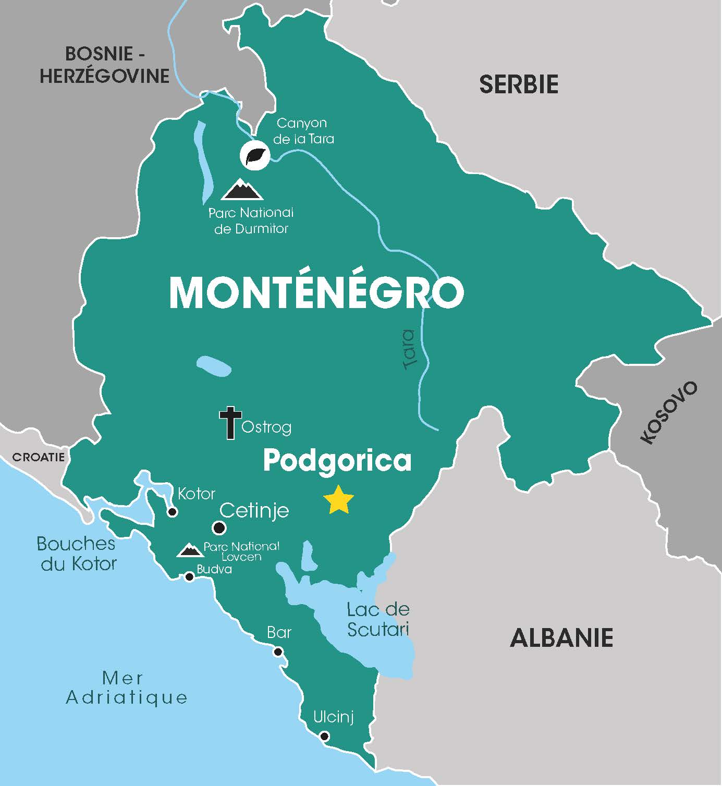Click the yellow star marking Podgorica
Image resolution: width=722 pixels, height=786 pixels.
point(338,500)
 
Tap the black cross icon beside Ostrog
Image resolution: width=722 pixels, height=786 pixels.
point(230,423)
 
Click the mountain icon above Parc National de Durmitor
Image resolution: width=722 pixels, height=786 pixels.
point(242,190)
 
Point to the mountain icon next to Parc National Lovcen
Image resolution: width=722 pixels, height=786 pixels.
point(190,550)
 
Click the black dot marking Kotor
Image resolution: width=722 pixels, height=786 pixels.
point(172,512)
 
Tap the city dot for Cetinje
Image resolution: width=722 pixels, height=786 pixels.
point(219,528)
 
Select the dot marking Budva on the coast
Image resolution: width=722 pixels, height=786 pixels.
point(190,576)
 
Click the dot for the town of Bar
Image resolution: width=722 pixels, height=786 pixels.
point(278,652)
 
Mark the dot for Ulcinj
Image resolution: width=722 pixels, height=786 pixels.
point(324,736)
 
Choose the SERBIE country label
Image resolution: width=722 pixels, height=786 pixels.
point(518,84)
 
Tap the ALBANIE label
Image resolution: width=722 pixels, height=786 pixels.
point(561,637)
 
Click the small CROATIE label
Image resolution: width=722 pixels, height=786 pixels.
point(39,457)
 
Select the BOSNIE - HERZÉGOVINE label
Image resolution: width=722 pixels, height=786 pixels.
point(105,65)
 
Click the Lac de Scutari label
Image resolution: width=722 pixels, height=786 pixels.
point(378,619)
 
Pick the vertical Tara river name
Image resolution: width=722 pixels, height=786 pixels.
point(410,350)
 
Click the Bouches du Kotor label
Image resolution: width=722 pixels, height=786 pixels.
point(77,554)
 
